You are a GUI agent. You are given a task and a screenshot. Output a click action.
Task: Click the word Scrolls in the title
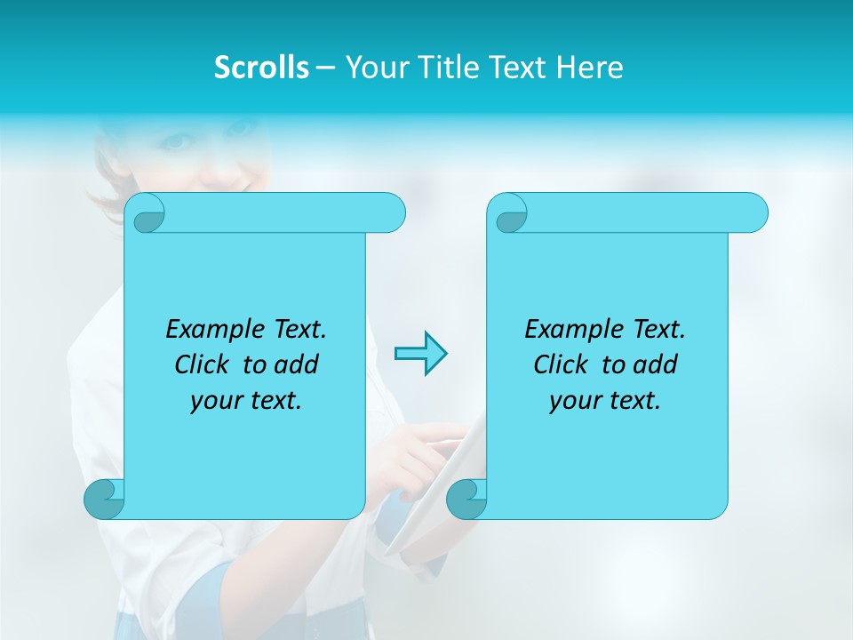coord(262,68)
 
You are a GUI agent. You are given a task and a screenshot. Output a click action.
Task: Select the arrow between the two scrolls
coord(420,353)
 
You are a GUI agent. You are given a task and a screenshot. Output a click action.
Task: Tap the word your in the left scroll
coord(216,401)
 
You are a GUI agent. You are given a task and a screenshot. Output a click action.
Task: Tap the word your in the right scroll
coord(575,401)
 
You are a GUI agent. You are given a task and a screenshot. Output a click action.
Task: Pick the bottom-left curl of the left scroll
coord(105,499)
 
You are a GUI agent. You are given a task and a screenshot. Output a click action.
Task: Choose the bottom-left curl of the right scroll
coord(466,499)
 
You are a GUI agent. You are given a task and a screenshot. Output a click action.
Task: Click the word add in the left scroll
coord(296,364)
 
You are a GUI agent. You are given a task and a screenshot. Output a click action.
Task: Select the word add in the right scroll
coord(655,364)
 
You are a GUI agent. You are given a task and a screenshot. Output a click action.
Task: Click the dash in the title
coord(325,68)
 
